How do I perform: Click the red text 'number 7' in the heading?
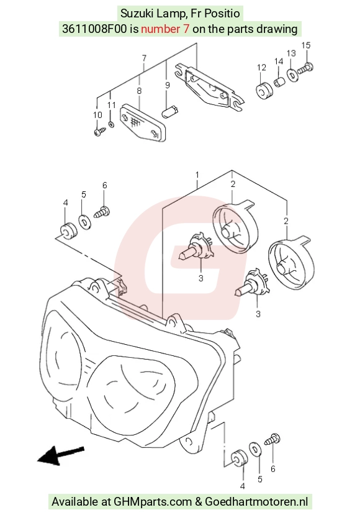point(165,29)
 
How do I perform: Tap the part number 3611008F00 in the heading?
point(94,29)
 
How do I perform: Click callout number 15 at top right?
point(305,45)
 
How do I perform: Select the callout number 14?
point(279,62)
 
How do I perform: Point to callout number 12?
point(261,67)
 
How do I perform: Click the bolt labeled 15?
point(305,68)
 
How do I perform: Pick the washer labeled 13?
point(292,75)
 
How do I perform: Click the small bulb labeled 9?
point(170,111)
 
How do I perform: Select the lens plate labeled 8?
point(143,123)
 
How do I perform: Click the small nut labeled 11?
point(111,125)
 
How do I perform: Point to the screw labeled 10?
point(100,132)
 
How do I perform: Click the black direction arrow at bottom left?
point(61,455)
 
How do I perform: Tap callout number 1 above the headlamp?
point(197,175)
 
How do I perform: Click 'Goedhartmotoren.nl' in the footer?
point(256,501)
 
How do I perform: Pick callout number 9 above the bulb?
point(168,85)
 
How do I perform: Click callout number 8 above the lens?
point(139,91)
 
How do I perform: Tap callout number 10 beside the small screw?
point(97,115)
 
